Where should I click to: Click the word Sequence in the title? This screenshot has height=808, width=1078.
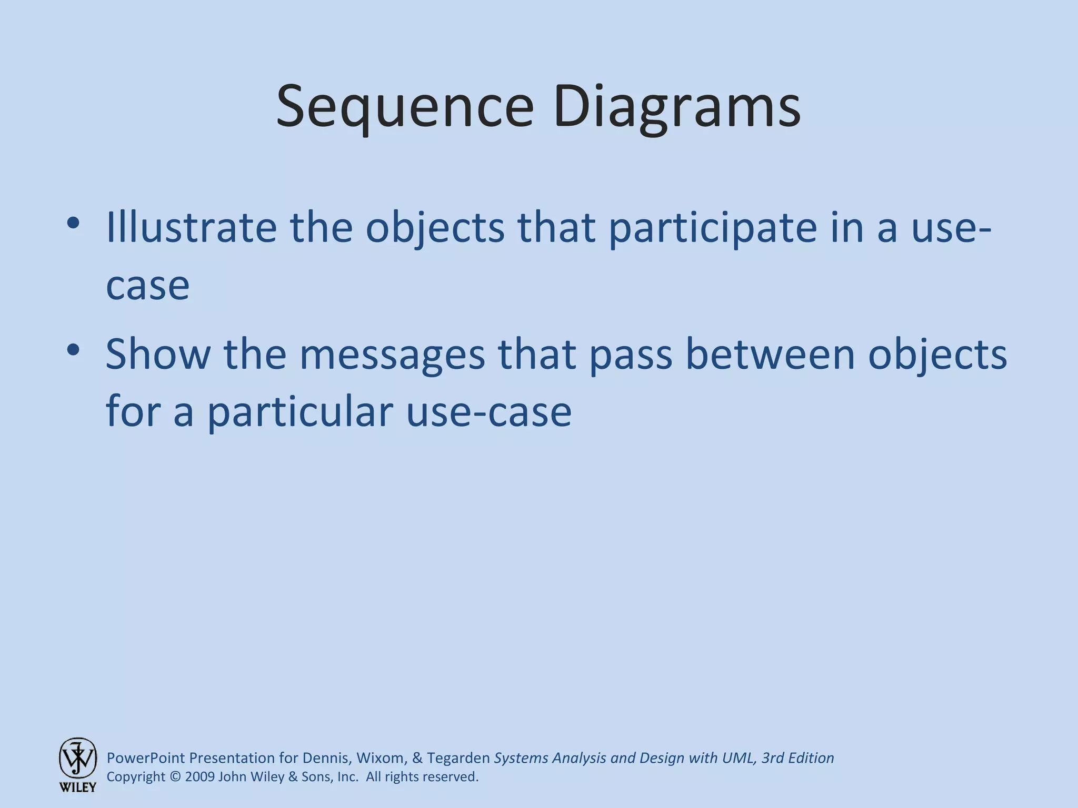click(x=405, y=108)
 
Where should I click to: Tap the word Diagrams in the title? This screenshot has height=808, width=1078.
click(x=677, y=108)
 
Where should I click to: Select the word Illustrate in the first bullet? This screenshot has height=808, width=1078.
click(x=191, y=227)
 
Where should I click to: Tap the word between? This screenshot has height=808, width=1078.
click(x=769, y=354)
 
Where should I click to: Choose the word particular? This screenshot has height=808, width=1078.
click(x=300, y=412)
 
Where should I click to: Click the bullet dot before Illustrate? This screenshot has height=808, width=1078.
click(x=73, y=223)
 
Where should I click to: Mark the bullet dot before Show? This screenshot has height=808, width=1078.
click(x=73, y=349)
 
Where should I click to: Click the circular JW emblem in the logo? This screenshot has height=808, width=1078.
click(x=78, y=757)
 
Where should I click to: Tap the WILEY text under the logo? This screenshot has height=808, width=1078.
click(x=78, y=787)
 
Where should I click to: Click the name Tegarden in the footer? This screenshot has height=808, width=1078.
click(x=458, y=758)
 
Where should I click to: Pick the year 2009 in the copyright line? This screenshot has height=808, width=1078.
click(x=200, y=777)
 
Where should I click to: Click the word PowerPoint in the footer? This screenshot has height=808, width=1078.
click(x=146, y=758)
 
